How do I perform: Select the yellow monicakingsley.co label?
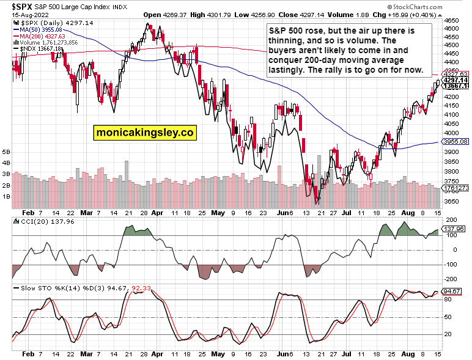point(144,132)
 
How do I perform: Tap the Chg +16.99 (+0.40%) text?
point(429,14)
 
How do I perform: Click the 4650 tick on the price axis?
point(452,20)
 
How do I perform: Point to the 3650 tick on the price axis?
point(452,201)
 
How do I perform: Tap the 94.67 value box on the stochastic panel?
point(451,292)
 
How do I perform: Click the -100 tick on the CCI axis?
point(451,265)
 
